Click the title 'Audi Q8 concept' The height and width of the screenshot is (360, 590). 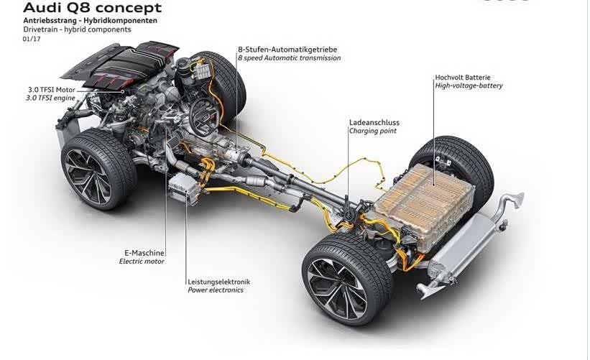click(93, 7)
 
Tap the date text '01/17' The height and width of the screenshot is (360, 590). click(32, 39)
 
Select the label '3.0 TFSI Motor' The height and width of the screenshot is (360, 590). click(52, 90)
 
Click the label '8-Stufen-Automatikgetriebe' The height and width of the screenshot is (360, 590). click(287, 50)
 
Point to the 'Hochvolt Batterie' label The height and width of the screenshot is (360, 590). click(463, 77)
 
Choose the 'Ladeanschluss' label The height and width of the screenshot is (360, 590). click(374, 122)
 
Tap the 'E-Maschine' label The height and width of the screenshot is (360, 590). click(144, 253)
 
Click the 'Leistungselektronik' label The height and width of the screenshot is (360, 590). click(219, 282)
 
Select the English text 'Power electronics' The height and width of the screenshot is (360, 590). click(216, 290)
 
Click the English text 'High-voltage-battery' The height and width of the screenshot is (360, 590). click(469, 86)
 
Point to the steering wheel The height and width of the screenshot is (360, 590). click(203, 116)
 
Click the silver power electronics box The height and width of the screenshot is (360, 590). click(184, 189)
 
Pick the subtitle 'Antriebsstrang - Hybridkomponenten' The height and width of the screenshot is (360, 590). click(91, 21)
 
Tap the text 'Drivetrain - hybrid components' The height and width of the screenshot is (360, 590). click(77, 29)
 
